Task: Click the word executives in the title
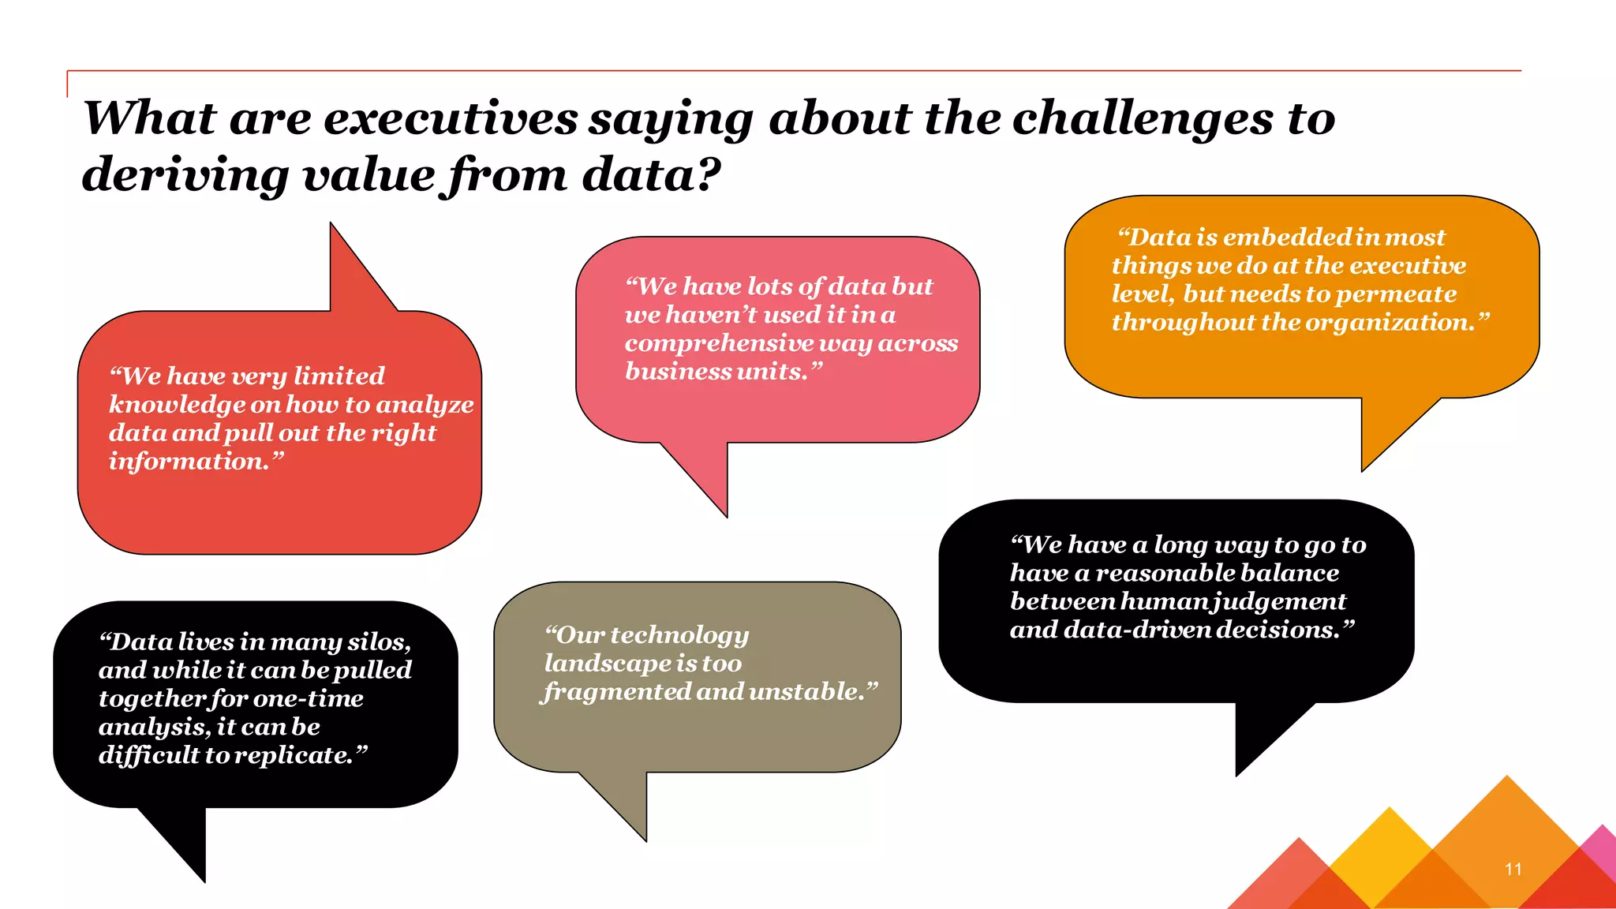coord(451,118)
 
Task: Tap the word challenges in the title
coord(1143,118)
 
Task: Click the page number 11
coord(1513,869)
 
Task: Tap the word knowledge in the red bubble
coord(178,405)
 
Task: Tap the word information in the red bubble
coord(189,462)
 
